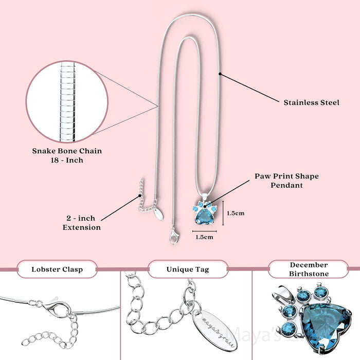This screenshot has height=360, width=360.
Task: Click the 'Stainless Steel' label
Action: [311, 102]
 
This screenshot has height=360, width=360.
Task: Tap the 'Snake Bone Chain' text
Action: [67, 151]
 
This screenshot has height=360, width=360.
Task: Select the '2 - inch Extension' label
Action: [81, 223]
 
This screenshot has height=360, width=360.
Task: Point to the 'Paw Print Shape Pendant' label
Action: [286, 180]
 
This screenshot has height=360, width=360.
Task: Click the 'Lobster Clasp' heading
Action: [57, 269]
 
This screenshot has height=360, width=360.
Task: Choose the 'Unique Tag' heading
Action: [187, 269]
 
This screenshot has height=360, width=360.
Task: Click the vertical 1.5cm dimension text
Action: [235, 213]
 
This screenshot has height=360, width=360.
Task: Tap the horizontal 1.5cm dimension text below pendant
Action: [204, 237]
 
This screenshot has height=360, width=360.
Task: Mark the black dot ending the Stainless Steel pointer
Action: [220, 74]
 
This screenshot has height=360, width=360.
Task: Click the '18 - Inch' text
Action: [67, 160]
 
